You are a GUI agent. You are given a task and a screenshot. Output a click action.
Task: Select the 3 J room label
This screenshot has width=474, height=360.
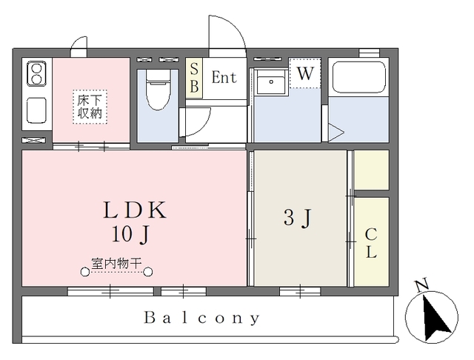298,219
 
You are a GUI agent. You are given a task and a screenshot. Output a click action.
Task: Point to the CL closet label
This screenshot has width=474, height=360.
371,243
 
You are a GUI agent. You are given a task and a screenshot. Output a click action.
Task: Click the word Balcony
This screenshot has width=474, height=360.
202,319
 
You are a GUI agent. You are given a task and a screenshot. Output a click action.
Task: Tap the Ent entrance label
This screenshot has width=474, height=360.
224,77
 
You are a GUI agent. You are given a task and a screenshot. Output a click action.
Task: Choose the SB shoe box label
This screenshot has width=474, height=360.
194,77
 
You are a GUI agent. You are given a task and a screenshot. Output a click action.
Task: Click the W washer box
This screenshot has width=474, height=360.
304,73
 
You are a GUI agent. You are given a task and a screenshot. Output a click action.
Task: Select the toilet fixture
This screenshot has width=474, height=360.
157,90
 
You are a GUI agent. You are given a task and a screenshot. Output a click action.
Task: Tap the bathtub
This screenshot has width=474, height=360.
358,78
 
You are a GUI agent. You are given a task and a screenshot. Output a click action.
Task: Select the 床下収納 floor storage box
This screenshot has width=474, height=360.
90,107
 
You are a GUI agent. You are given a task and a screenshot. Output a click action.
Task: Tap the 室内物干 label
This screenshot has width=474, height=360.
117,262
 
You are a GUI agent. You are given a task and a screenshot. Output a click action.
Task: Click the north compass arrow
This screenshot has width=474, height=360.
433,316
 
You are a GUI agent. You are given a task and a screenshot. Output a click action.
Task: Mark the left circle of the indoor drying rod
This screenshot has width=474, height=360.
86,271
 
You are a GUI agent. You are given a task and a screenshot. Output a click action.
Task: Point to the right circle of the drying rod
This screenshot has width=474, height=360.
148,271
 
